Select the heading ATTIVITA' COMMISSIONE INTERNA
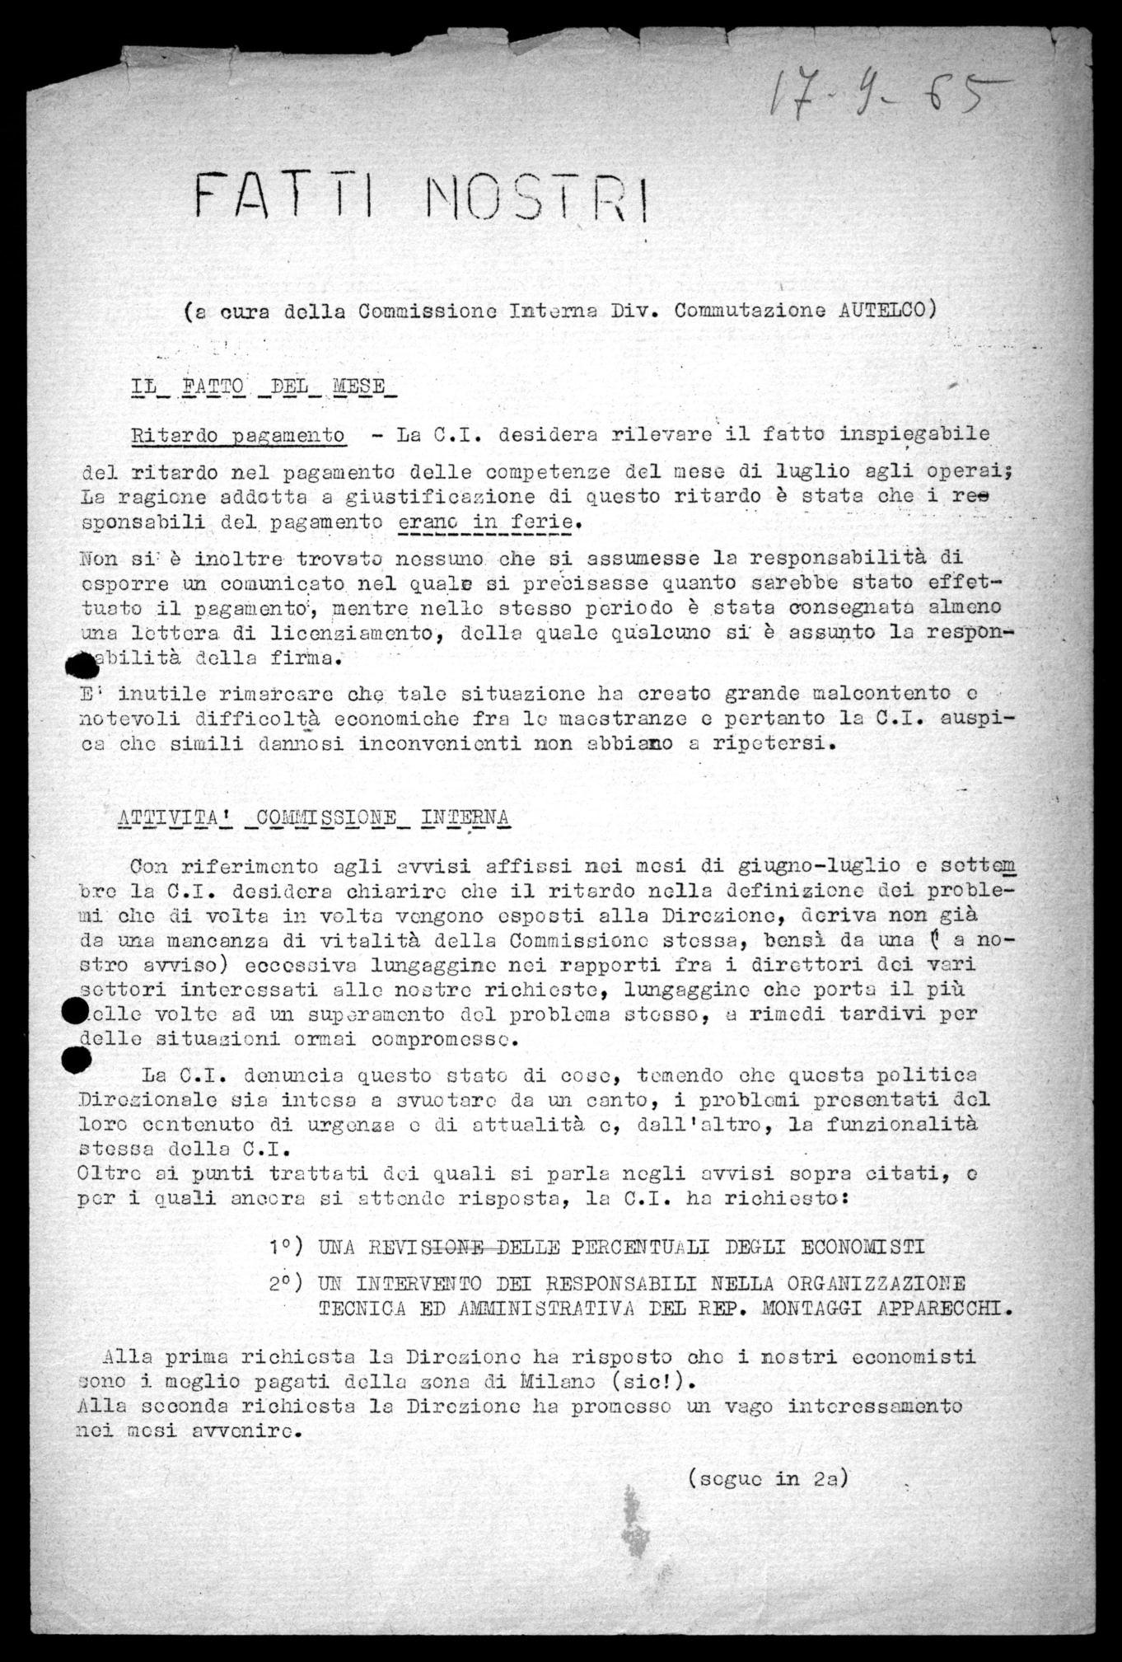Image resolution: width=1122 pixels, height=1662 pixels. [x=314, y=817]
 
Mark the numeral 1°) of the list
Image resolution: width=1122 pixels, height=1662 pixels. [x=287, y=1246]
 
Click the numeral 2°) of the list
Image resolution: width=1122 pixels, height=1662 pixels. [x=287, y=1284]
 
